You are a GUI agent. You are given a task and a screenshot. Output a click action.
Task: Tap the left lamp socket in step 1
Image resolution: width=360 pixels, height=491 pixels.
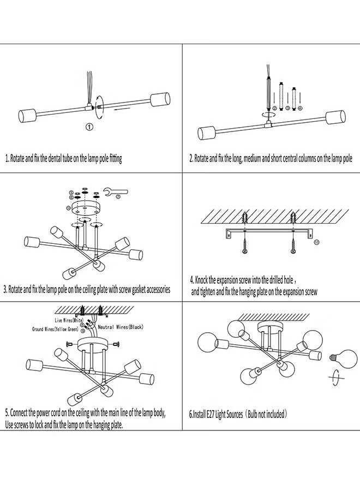pos(27,116)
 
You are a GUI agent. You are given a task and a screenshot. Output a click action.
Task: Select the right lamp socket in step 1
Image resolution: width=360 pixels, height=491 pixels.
pos(158,100)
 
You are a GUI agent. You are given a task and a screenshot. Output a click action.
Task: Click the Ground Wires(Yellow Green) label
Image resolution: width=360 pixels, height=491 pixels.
pos(56,330)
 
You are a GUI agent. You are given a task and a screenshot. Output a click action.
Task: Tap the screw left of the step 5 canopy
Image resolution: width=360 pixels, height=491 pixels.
pos(68,343)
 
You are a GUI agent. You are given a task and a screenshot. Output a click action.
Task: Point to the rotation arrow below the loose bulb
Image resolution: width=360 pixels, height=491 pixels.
pos(335,378)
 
